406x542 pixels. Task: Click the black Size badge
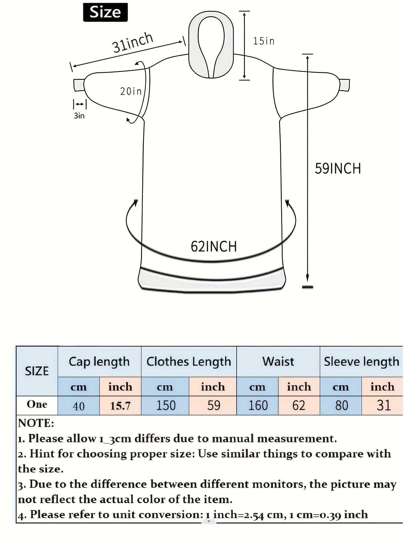(105, 12)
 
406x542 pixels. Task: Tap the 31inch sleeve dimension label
(133, 42)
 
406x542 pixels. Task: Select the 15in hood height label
(264, 41)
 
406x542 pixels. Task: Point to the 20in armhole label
(131, 91)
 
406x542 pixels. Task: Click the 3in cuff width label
(79, 116)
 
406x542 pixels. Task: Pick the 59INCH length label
(338, 168)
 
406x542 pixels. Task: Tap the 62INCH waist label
(214, 247)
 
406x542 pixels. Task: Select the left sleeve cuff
(79, 85)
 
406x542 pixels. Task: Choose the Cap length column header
(99, 362)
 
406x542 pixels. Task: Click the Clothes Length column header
(189, 362)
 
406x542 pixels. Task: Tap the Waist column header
(278, 361)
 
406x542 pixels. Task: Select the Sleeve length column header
(361, 362)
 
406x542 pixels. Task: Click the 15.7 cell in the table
(120, 406)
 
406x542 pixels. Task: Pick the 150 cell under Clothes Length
(165, 406)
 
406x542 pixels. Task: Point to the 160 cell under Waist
(258, 406)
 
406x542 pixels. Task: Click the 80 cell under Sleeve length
(341, 406)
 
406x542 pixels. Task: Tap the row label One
(37, 404)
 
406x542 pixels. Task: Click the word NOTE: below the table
(36, 423)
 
